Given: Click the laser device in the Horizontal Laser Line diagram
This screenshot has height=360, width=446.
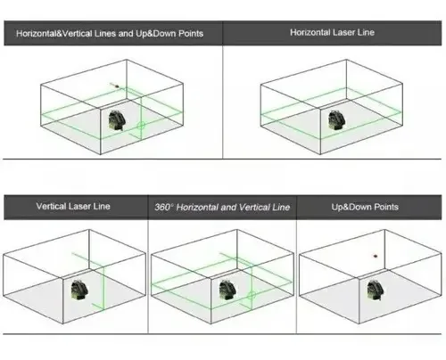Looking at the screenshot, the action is click(x=336, y=120).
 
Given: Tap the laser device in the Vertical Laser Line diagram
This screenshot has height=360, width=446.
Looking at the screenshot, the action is click(x=79, y=290).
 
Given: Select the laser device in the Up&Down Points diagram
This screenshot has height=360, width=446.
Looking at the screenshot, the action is click(x=376, y=290).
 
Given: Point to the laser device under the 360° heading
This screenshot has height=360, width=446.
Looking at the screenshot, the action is click(x=227, y=290).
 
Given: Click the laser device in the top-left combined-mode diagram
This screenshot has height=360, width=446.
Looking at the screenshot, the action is click(x=117, y=120).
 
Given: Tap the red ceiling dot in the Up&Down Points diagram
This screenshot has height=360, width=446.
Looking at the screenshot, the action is click(x=376, y=256).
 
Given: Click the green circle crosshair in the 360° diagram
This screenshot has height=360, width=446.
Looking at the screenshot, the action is click(x=252, y=295).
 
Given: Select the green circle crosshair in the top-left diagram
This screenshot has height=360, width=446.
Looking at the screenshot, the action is click(x=141, y=126).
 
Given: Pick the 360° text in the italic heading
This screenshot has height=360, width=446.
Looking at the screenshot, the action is click(x=164, y=207).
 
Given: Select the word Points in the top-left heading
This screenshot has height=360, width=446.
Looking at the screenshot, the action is click(x=191, y=33).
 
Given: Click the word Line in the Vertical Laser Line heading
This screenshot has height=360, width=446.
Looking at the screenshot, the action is click(x=102, y=206).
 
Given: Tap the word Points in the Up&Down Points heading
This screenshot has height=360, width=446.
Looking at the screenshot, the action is click(x=386, y=207).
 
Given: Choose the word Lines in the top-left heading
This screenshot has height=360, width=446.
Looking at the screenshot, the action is click(x=105, y=33).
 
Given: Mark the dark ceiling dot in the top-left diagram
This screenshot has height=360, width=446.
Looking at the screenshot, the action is click(x=117, y=86).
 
